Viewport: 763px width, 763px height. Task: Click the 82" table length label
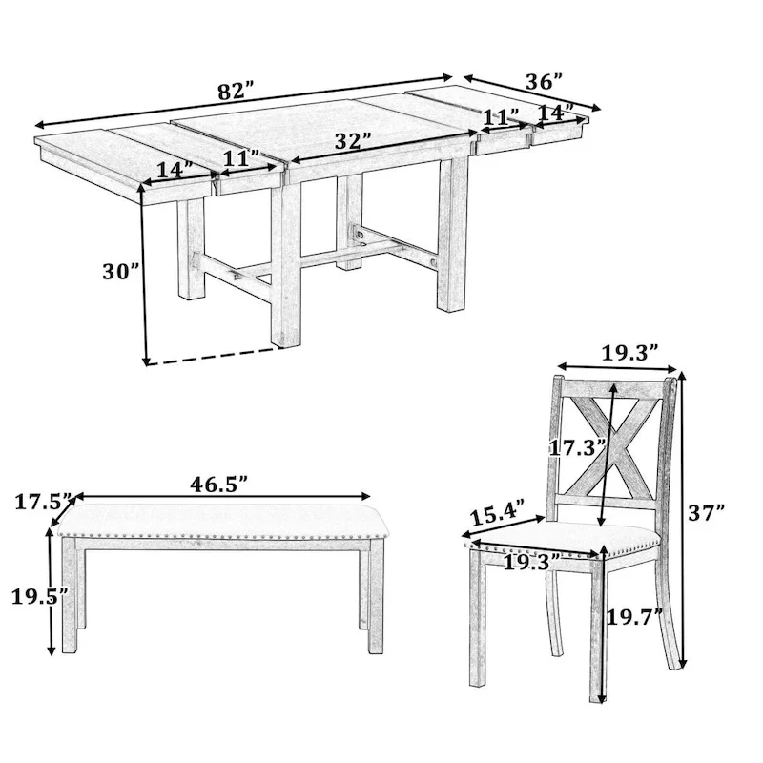click(236, 93)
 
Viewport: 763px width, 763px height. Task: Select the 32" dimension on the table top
click(353, 141)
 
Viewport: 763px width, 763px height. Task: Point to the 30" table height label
click(121, 271)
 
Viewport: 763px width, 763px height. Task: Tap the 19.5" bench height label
click(39, 597)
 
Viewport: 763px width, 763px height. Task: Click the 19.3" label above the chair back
click(630, 352)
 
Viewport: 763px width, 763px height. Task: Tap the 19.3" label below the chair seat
click(528, 562)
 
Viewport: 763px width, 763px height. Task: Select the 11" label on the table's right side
click(500, 116)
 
